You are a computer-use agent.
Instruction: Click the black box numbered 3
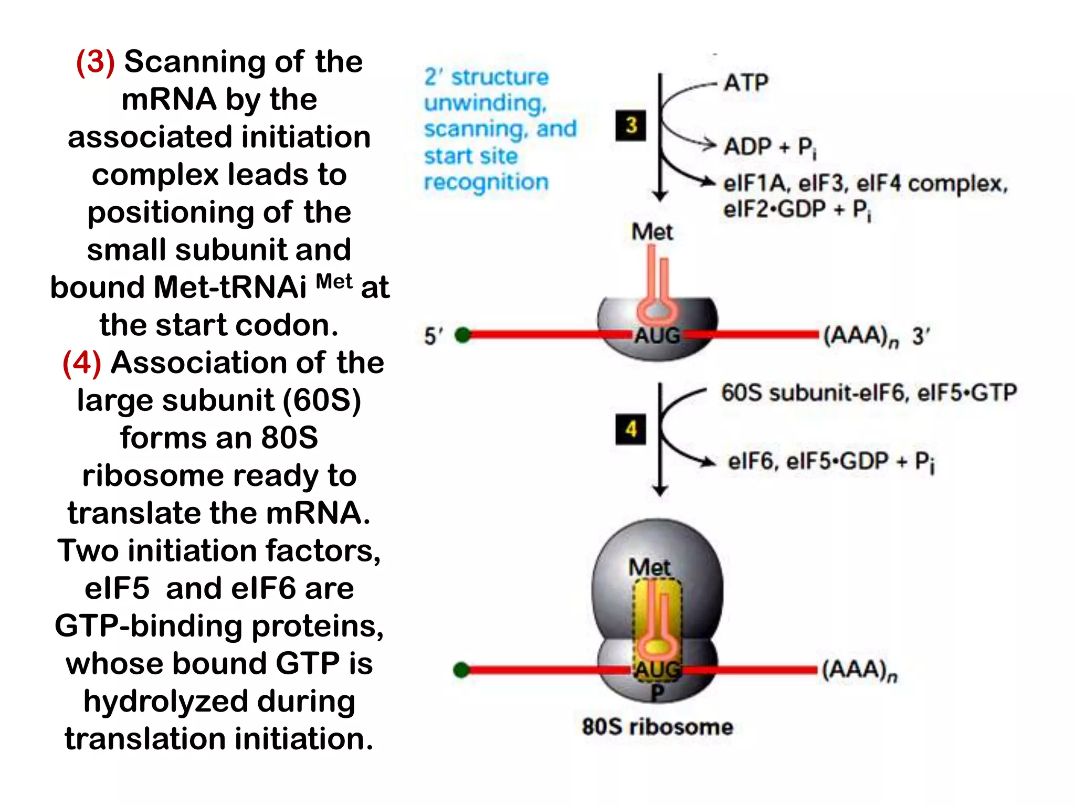point(630,125)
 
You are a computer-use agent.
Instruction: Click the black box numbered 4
point(630,429)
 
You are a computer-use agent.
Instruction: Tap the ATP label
point(746,83)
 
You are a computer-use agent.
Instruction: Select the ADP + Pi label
point(770,147)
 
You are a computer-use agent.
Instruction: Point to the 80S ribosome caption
point(657,727)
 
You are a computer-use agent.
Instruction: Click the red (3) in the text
point(95,62)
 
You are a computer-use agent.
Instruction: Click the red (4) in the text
point(81,363)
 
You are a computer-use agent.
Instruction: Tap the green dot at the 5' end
point(463,335)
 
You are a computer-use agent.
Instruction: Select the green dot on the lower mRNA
point(461,670)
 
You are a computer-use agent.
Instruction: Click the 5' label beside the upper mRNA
point(433,336)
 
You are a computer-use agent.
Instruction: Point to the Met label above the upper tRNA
point(651,231)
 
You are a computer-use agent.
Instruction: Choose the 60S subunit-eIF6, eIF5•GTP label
point(869,393)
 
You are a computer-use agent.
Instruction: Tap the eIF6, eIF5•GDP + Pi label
point(831,462)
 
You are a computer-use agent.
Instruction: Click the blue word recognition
point(486,182)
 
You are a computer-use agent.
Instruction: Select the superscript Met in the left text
point(334,282)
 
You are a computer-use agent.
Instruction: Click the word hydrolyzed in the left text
point(219,702)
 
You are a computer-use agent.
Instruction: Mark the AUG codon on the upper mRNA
point(657,335)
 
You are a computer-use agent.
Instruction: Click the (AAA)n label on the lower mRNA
point(859,671)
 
